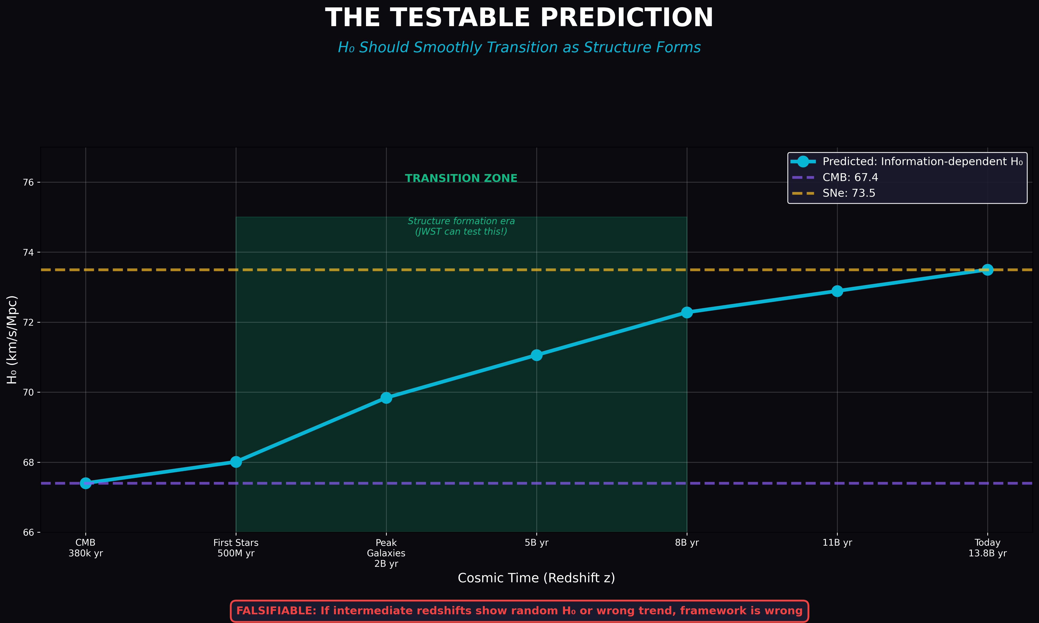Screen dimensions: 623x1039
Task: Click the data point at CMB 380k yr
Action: coord(86,483)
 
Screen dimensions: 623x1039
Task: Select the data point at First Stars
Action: coord(236,462)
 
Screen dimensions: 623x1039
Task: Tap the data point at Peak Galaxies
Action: coord(386,398)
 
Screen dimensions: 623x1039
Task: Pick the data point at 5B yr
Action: coord(537,355)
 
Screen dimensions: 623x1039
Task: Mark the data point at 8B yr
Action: coord(687,312)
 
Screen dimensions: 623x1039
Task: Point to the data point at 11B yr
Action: coord(837,291)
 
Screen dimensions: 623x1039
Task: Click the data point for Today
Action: coord(987,269)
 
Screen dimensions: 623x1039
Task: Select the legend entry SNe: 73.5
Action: coord(849,193)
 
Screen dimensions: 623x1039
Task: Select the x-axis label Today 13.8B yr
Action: coord(987,548)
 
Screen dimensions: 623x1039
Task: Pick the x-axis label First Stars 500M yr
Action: coord(236,548)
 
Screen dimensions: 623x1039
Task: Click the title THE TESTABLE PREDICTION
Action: coord(519,18)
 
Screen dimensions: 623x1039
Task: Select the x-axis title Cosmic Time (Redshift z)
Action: coord(536,578)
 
